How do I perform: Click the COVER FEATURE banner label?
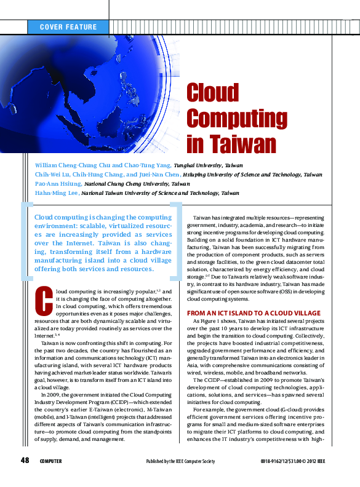68,27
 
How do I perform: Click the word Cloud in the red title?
212,93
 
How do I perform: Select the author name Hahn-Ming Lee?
56,192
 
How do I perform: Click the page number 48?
25,461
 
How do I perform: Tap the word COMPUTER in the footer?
51,461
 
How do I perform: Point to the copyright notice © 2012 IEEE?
322,462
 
